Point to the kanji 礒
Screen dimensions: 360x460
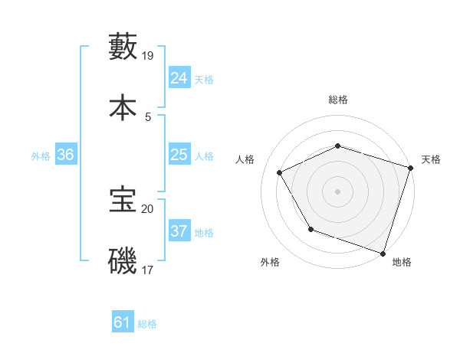(123, 261)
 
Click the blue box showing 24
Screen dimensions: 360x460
(179, 78)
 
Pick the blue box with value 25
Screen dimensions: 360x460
(179, 155)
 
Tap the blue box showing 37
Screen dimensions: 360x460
(179, 231)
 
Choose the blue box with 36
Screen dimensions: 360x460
(66, 155)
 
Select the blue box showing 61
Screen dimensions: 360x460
(123, 323)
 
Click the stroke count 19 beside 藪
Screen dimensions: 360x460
(149, 56)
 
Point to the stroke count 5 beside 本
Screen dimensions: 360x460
(148, 117)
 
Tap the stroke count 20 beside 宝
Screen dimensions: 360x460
(149, 208)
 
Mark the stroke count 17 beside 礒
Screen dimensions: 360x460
(149, 270)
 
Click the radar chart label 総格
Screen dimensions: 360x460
(338, 100)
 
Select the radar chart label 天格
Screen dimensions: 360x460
(431, 159)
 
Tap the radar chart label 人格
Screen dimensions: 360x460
(245, 159)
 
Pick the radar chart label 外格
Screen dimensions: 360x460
(270, 262)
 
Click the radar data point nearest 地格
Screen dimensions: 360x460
(383, 253)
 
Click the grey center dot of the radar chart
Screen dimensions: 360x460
(338, 191)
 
